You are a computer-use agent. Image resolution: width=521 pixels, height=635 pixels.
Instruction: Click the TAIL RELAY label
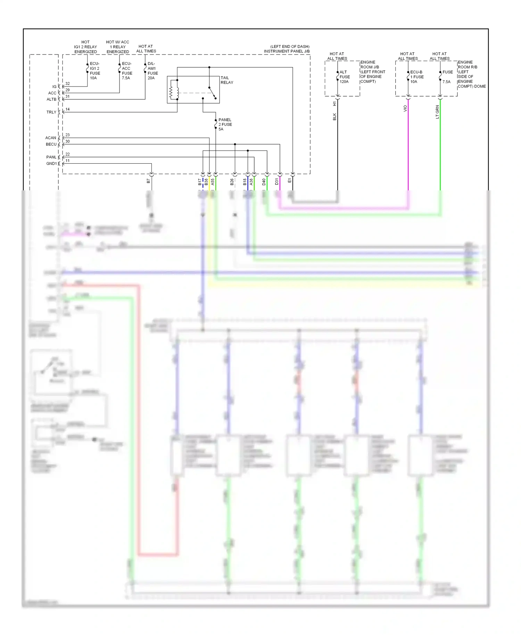227,80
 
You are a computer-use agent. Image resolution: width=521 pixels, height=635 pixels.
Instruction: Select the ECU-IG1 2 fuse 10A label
94,71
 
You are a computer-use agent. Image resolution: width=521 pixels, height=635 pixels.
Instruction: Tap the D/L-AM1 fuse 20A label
152,71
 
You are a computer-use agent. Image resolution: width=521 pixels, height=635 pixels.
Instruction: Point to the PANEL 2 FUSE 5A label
225,124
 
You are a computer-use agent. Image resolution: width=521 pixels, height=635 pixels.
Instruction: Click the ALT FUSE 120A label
344,77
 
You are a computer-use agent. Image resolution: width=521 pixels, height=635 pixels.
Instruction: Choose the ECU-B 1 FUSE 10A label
416,77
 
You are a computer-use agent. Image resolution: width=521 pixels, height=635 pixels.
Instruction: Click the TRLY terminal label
51,112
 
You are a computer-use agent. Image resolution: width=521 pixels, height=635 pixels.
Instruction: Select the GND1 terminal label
51,164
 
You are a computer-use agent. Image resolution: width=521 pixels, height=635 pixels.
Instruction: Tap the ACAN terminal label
51,138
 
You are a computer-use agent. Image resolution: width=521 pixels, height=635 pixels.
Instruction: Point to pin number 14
67,109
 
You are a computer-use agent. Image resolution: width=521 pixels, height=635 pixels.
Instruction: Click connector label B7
149,181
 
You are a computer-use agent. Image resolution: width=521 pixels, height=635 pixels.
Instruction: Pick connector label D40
264,182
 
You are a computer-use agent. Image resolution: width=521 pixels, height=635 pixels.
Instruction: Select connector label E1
290,181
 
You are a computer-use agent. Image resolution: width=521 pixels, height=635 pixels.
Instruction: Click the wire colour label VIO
405,109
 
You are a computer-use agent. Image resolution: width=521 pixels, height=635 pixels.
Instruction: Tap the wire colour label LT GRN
437,112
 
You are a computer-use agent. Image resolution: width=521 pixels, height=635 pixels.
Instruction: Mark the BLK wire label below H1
334,117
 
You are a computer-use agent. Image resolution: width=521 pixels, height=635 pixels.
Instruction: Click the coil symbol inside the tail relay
171,93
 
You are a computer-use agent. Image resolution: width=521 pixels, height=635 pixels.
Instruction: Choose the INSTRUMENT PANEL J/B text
287,51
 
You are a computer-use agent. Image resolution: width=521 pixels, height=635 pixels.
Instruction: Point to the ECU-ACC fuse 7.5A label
127,71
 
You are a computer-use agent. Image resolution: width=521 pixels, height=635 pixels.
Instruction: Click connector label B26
232,182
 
